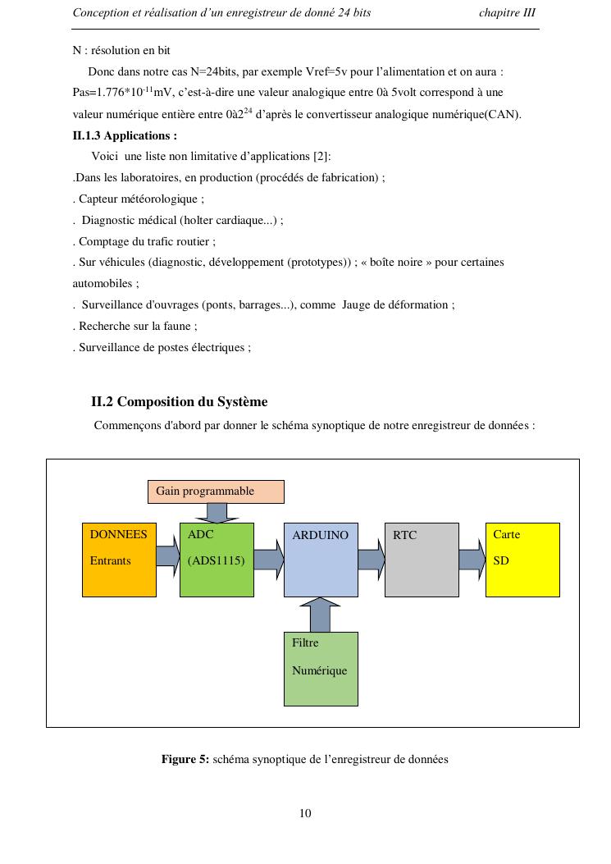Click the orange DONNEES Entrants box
pyautogui.click(x=119, y=560)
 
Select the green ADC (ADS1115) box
pyautogui.click(x=217, y=560)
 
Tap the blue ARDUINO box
pyautogui.click(x=321, y=560)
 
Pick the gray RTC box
pyautogui.click(x=422, y=560)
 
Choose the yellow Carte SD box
pyautogui.click(x=522, y=560)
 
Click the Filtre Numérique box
pyautogui.click(x=321, y=669)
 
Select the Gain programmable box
pyautogui.click(x=216, y=491)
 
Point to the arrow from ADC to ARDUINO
pyautogui.click(x=268, y=560)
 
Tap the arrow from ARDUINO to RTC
pyautogui.click(x=371, y=560)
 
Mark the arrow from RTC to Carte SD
pyautogui.click(x=472, y=560)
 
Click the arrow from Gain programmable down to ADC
pyautogui.click(x=217, y=513)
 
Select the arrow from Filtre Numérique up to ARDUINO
pyautogui.click(x=320, y=615)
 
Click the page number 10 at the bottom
pyautogui.click(x=305, y=813)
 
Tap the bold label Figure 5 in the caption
pyautogui.click(x=185, y=759)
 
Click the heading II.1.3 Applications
pyautogui.click(x=125, y=135)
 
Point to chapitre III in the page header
pyautogui.click(x=507, y=13)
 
